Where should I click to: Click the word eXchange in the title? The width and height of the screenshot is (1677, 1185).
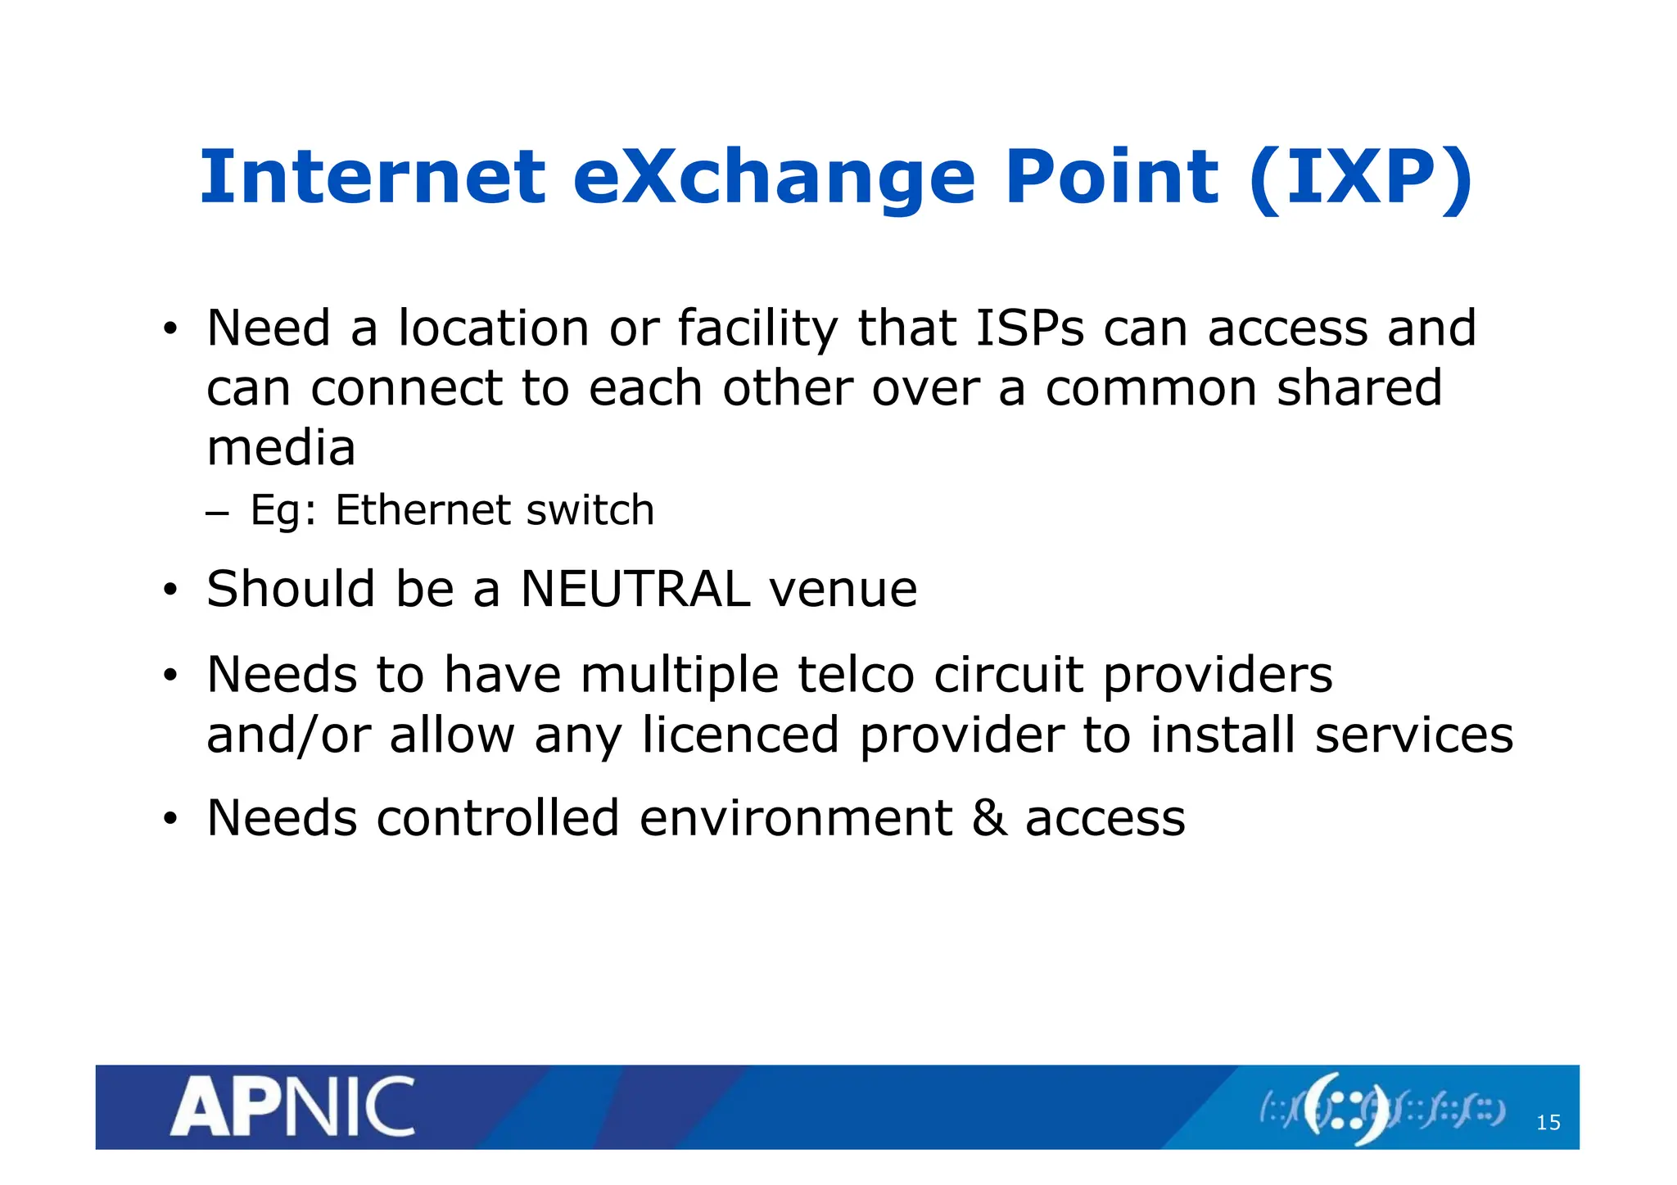(774, 178)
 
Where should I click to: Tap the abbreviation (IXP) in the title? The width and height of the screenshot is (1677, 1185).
(1360, 178)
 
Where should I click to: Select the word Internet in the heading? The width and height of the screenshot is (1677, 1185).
(372, 178)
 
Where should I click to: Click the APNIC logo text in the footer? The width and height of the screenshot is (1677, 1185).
(292, 1106)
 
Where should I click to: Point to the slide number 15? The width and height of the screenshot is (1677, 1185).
(1548, 1122)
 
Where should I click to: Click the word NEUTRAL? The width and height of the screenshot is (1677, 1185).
(635, 589)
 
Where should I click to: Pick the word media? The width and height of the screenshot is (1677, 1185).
(281, 448)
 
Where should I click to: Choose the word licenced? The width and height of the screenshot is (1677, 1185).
(740, 735)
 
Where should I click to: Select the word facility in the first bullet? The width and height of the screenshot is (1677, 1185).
(757, 328)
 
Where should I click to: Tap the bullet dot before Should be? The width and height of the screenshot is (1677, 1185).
(170, 590)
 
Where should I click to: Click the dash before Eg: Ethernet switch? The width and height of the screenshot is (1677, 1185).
(216, 513)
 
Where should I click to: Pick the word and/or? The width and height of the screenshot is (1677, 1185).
(287, 735)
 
